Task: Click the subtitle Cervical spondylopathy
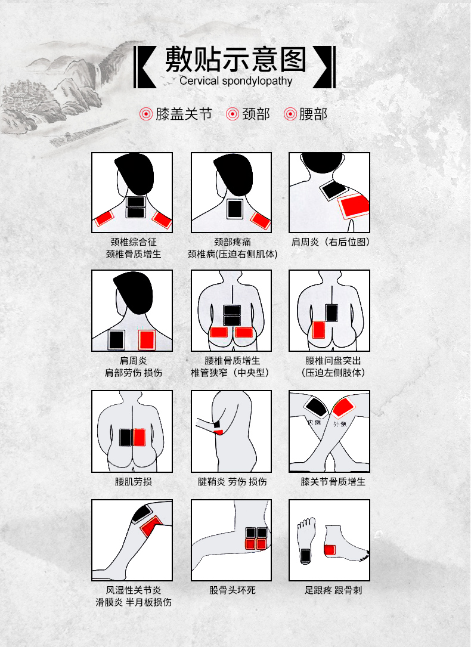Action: click(x=235, y=81)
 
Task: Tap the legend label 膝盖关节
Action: click(x=184, y=114)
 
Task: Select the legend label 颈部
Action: click(x=256, y=114)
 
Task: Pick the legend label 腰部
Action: click(x=314, y=114)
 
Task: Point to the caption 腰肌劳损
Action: click(x=133, y=481)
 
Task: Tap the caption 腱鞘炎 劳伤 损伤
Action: click(x=232, y=481)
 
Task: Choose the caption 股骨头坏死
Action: click(x=232, y=590)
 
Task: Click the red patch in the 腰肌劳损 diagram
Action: click(x=140, y=438)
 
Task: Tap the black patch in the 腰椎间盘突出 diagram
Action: click(x=331, y=313)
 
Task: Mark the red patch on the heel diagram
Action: click(x=330, y=549)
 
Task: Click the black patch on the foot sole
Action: click(x=305, y=556)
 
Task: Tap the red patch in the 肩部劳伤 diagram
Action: click(x=147, y=339)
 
